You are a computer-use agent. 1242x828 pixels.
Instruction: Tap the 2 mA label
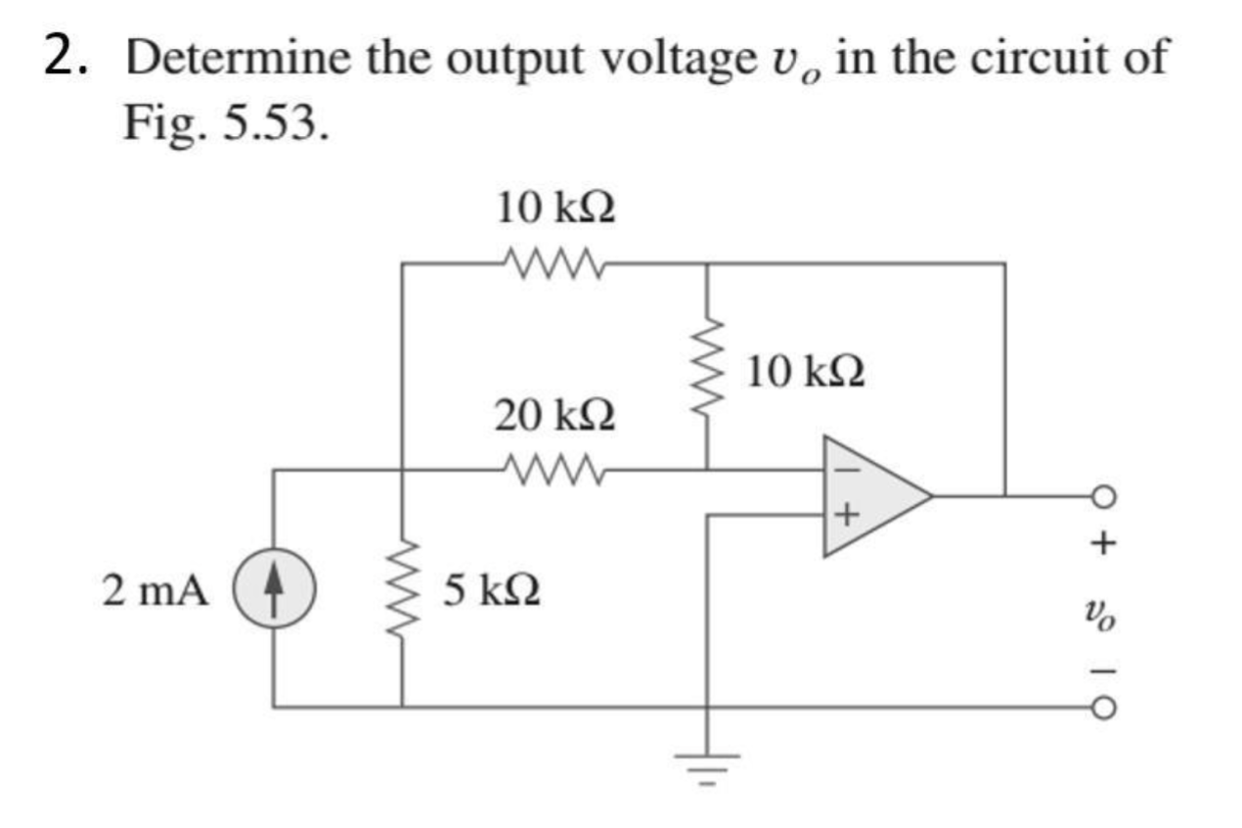[x=155, y=590]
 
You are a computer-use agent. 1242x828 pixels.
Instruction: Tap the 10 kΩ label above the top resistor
[x=556, y=208]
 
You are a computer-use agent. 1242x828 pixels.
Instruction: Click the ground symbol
[x=707, y=759]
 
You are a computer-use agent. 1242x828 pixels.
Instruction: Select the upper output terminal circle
[x=1103, y=496]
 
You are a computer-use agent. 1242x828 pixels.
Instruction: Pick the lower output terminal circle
[x=1103, y=706]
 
